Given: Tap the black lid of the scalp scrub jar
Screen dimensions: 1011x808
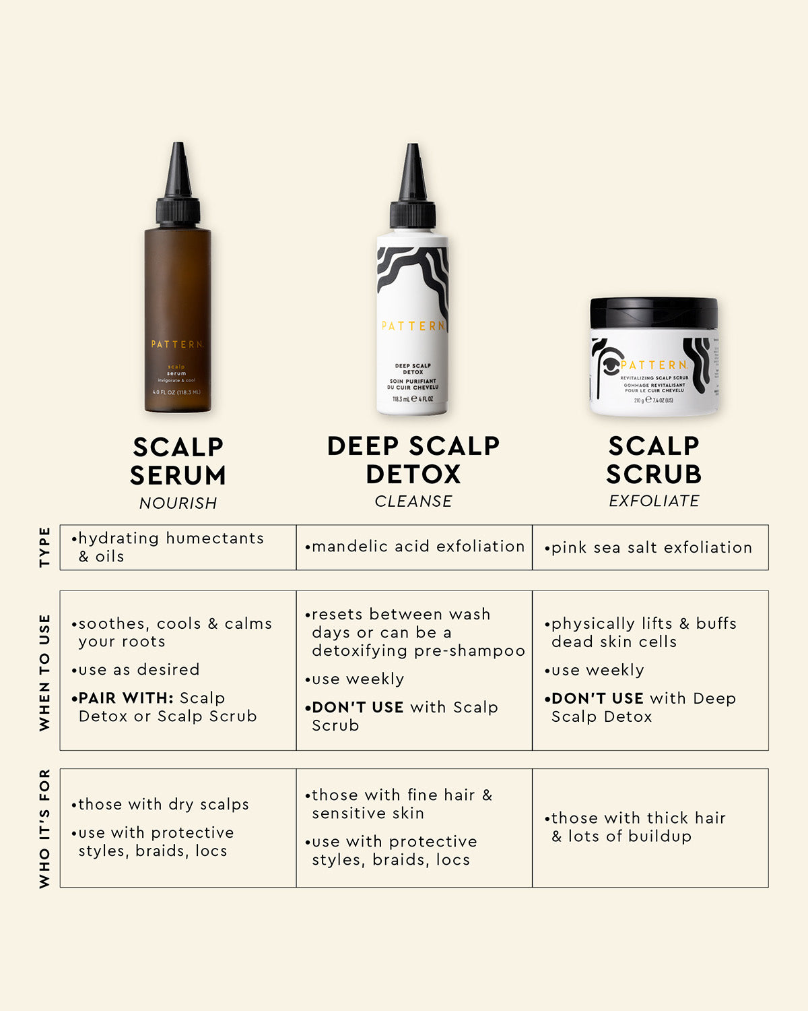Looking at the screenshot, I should point(654,313).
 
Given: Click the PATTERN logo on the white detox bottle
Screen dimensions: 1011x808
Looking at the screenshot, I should point(413,326).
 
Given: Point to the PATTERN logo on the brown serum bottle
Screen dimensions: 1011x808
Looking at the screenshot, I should point(177,344).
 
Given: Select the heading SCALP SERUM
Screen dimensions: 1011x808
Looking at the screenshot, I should point(178,461).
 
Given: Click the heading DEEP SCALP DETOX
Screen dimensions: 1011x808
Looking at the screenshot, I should point(413,460).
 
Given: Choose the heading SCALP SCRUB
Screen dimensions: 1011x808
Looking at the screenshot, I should point(654,460).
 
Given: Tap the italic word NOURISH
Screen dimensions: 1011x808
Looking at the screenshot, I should point(178,503).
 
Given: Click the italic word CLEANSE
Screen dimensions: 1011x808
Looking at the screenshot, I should point(413,501).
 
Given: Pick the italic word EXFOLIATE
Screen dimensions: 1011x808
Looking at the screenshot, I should point(654,501).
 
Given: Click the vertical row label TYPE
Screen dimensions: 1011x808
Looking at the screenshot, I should point(45,547).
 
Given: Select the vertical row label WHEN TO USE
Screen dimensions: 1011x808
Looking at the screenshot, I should point(45,672).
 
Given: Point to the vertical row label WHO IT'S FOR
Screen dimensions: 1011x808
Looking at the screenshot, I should point(45,828).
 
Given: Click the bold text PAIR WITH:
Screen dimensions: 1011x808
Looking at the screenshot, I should point(126,698).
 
